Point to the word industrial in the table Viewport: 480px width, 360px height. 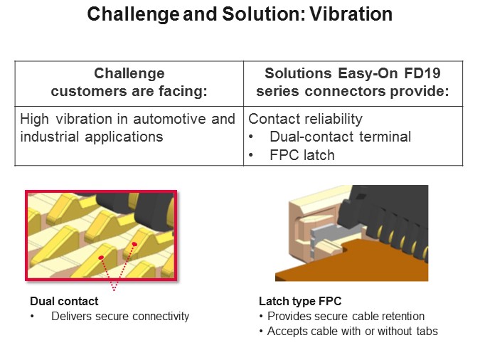click(x=48, y=136)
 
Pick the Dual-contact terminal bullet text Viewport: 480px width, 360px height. click(x=340, y=137)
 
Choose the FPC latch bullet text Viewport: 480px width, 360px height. click(x=302, y=154)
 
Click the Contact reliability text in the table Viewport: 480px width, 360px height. click(x=305, y=119)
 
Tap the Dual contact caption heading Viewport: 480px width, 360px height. click(x=64, y=302)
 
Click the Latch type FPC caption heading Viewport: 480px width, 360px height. click(x=295, y=302)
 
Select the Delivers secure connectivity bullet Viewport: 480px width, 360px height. click(x=120, y=316)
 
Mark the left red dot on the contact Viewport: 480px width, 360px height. click(x=102, y=257)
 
